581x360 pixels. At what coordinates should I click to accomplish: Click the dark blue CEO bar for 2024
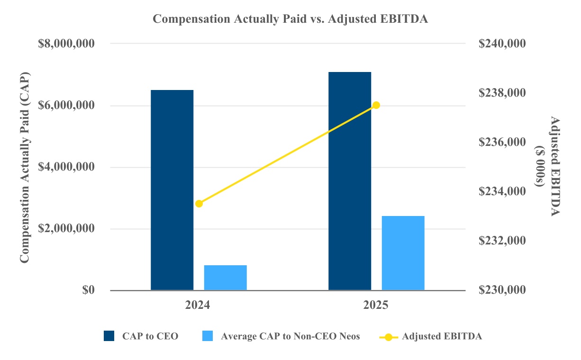point(172,189)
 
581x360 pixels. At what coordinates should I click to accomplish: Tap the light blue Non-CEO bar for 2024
point(226,278)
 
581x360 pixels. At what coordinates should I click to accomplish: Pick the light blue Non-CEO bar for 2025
point(403,253)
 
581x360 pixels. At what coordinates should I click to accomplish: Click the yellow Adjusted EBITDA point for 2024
point(199,204)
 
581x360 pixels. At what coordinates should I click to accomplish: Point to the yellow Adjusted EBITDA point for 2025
point(376,105)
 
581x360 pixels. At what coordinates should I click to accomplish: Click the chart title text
point(290,19)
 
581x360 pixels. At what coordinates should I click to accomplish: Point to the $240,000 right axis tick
point(502,44)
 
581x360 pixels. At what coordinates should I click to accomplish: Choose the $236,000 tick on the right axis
point(502,142)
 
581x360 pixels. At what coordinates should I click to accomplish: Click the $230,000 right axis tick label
point(502,290)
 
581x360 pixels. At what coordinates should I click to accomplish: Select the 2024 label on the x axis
point(199,306)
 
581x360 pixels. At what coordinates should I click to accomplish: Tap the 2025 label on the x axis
point(376,306)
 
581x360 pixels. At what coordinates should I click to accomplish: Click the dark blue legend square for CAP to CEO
point(109,336)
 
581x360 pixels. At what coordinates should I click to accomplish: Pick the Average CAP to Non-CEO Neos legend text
point(290,336)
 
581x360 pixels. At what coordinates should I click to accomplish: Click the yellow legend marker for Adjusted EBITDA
point(389,337)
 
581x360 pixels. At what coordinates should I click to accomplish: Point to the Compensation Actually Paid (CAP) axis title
point(25,167)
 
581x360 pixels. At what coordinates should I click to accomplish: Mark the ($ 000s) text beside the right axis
point(540,167)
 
